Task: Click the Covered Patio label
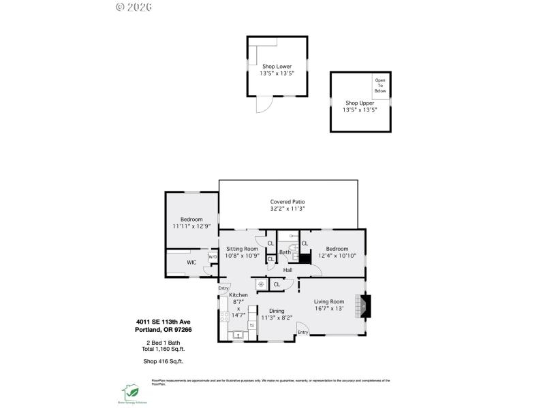pos(287,202)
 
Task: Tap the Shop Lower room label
pos(276,67)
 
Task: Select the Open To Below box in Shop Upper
pos(379,86)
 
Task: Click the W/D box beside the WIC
pos(212,256)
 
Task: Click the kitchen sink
pos(238,334)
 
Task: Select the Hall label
pos(288,271)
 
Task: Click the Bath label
pos(284,252)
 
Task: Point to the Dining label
pos(277,310)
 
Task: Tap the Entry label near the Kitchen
pos(223,288)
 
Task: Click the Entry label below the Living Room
pos(303,333)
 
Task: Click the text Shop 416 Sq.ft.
pos(163,362)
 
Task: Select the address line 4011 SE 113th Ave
pos(163,322)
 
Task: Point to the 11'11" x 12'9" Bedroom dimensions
pos(191,226)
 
